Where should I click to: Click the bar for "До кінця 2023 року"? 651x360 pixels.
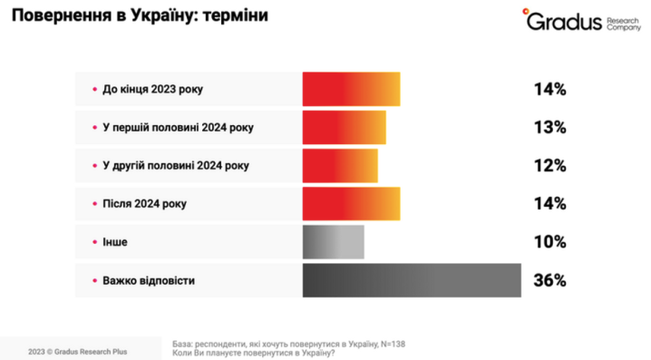point(351,89)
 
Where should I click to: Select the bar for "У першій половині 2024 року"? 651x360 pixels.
point(344,127)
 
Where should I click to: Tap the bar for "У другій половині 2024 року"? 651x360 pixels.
point(340,165)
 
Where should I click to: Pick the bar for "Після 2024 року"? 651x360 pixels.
point(351,204)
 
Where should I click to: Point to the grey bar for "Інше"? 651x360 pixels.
point(333,242)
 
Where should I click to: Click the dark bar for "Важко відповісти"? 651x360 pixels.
point(412,280)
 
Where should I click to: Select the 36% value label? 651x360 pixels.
point(549,281)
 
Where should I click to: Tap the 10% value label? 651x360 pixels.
point(549,242)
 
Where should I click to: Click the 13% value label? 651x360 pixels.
point(549,128)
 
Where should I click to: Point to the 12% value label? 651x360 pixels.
point(549,166)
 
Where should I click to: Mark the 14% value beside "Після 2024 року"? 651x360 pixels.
point(549,204)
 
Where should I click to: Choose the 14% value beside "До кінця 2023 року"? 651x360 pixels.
point(549,90)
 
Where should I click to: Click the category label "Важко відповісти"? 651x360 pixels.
point(150,281)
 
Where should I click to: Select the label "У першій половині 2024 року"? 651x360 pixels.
point(179,128)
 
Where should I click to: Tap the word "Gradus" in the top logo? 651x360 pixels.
point(565,21)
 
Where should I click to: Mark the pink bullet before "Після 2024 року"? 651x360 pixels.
point(94,205)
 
